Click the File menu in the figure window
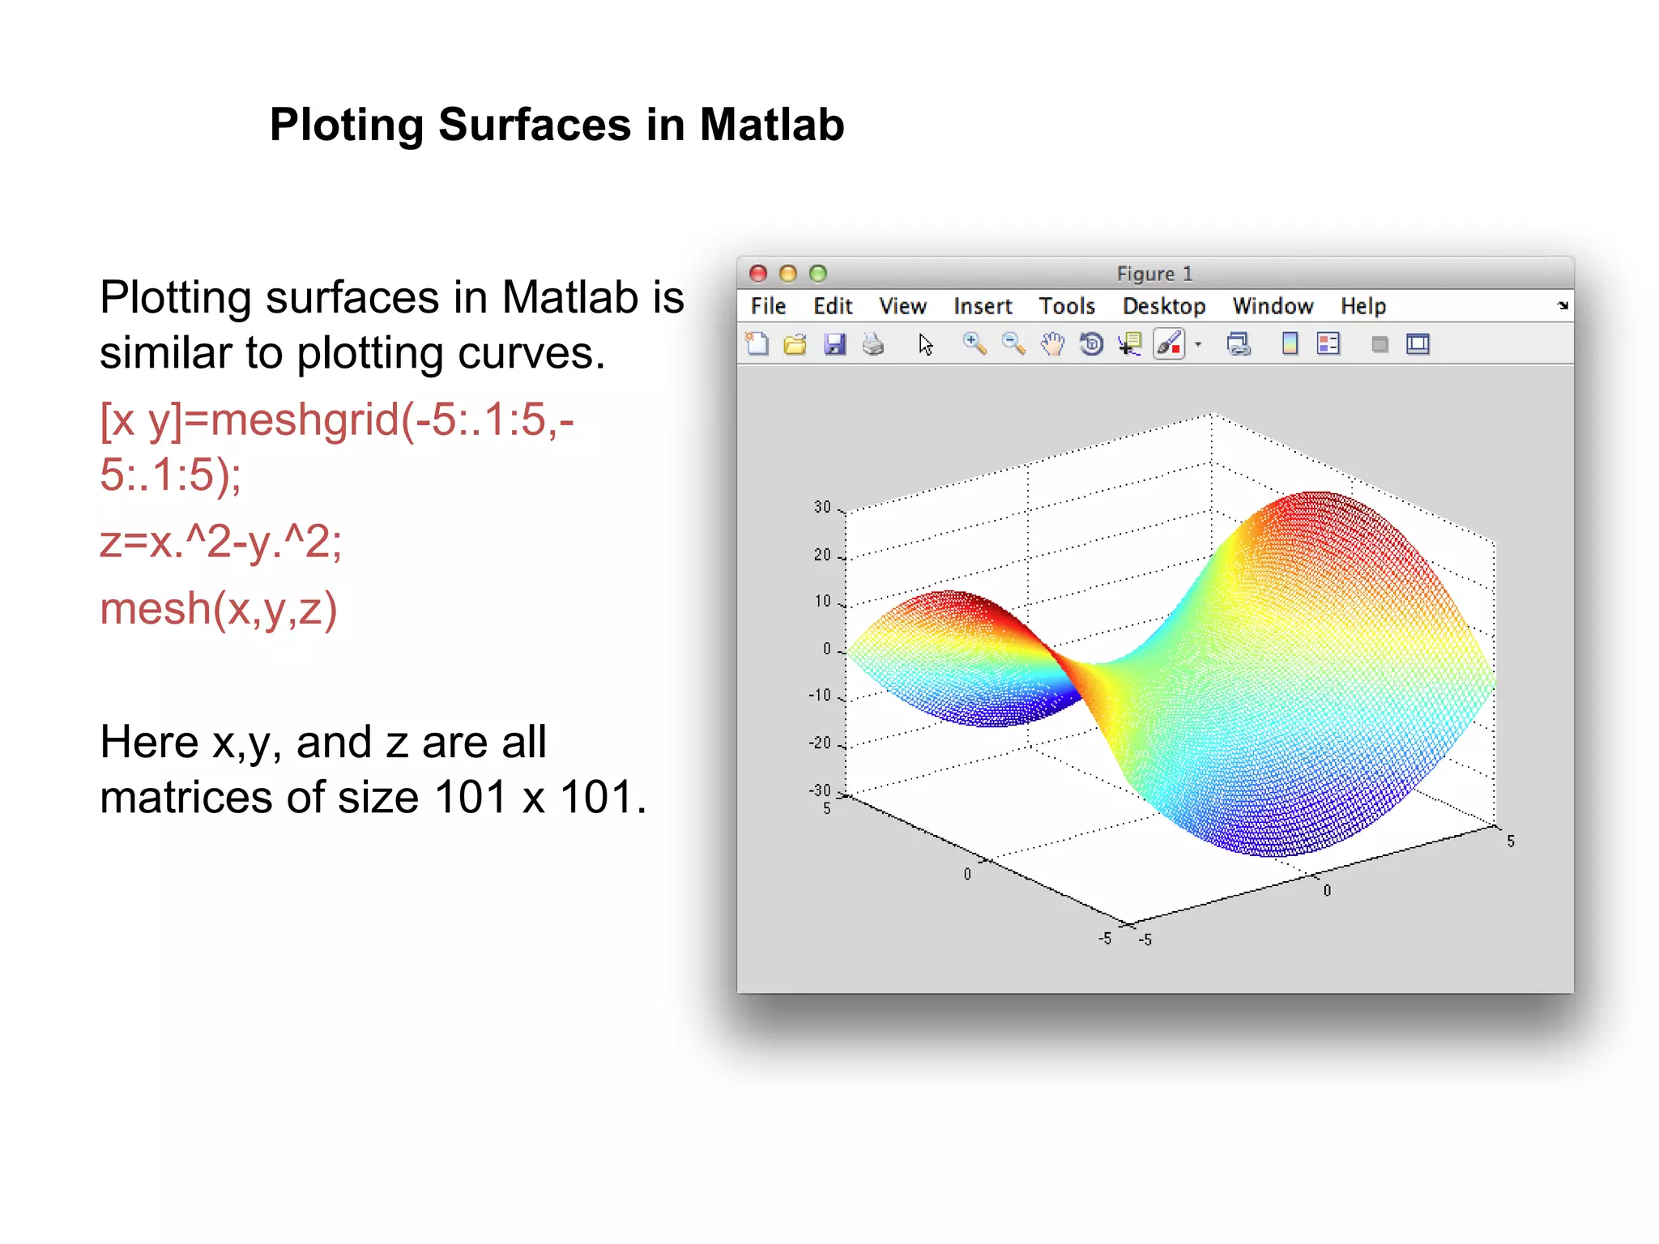click(x=767, y=306)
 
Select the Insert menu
click(x=982, y=306)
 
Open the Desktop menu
click(x=1163, y=306)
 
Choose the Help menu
click(x=1363, y=306)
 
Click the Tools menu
click(x=1066, y=306)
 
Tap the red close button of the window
click(x=758, y=274)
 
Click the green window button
click(x=818, y=274)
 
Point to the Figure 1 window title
click(x=1154, y=274)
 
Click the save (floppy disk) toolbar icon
click(x=834, y=344)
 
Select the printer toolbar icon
click(x=873, y=344)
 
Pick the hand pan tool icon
click(x=1052, y=344)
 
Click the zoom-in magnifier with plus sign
click(x=974, y=344)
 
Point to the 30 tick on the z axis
click(x=822, y=507)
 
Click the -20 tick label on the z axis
click(x=820, y=743)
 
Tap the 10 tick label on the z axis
click(x=822, y=601)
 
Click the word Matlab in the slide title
click(x=771, y=125)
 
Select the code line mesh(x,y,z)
click(x=218, y=608)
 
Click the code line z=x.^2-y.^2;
click(x=220, y=541)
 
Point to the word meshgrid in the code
click(x=305, y=420)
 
